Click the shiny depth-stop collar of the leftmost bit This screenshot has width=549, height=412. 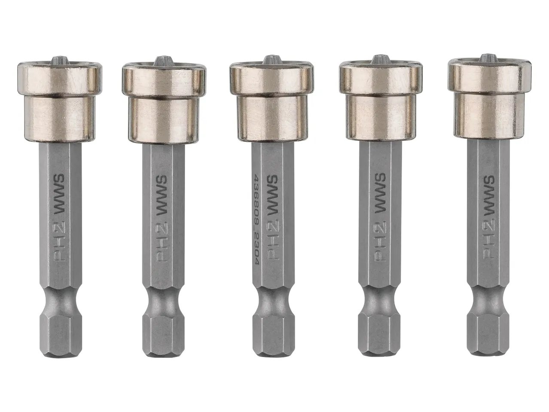[x=61, y=103]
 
